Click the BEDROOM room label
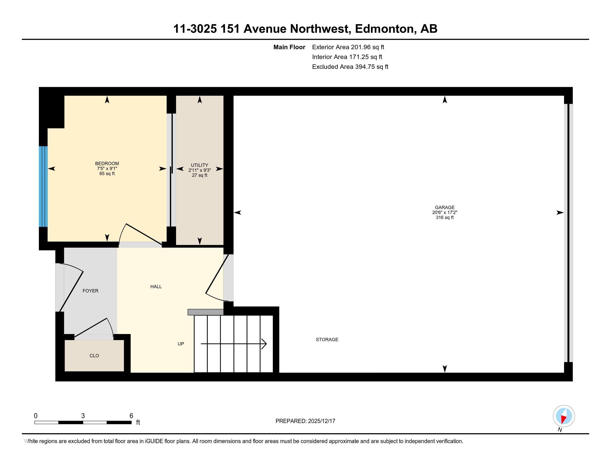tap(107, 164)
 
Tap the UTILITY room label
tap(199, 165)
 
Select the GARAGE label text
tap(445, 207)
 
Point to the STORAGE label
tap(327, 340)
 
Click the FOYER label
tap(90, 291)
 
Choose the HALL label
tap(156, 287)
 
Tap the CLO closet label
tap(94, 356)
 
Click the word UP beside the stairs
tap(181, 344)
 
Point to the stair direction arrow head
tap(264, 344)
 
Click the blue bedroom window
tap(43, 187)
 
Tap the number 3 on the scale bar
tap(83, 416)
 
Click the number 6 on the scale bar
tap(131, 416)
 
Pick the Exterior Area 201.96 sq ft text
tap(348, 47)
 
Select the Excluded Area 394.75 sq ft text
tap(350, 67)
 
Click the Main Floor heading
tap(289, 47)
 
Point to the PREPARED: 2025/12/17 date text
tap(305, 421)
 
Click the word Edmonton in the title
tap(384, 29)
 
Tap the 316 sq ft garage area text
tap(445, 218)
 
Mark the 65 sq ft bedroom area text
tap(107, 174)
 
